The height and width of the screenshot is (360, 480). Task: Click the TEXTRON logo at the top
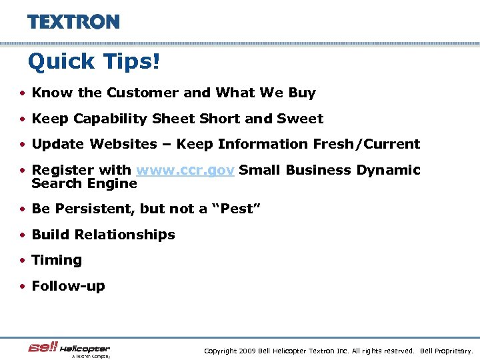(73, 22)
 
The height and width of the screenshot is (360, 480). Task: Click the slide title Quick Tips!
(94, 62)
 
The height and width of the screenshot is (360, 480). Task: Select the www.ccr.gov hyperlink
(185, 170)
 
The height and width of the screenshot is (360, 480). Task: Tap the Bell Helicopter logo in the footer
(69, 349)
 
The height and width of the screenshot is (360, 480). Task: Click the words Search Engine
(84, 183)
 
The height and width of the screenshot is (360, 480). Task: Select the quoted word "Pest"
(236, 209)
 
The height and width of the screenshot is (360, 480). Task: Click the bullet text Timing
(57, 260)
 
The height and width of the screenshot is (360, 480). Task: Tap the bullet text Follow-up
(68, 286)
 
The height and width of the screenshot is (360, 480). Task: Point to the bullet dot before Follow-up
(23, 287)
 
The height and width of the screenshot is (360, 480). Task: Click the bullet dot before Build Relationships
(23, 235)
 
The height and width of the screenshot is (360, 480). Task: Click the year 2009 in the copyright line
(245, 351)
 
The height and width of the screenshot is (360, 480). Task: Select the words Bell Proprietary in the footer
(446, 351)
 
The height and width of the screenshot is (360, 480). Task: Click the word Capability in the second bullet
(110, 119)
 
